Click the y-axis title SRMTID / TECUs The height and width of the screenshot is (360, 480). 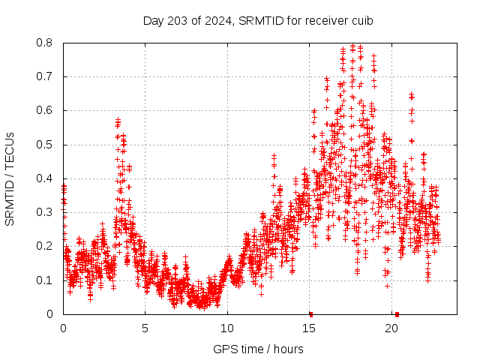[10, 178]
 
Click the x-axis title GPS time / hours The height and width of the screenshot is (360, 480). [258, 349]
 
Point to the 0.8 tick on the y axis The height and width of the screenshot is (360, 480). [46, 43]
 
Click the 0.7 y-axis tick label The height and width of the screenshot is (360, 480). [46, 76]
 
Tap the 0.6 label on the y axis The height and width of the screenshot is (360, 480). [46, 110]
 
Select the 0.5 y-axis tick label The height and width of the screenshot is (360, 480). [46, 145]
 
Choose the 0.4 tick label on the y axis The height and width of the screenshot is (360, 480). [46, 178]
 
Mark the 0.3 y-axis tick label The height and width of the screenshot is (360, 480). [46, 212]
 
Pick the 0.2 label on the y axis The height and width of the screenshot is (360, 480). [46, 246]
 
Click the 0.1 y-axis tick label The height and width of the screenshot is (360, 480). [46, 280]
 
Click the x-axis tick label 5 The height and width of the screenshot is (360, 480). [145, 328]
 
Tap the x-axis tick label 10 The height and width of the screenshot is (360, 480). [227, 328]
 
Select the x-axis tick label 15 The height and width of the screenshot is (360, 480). [309, 328]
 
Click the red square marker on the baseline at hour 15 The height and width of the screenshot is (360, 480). [310, 313]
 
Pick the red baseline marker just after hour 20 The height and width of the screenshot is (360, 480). [397, 313]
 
